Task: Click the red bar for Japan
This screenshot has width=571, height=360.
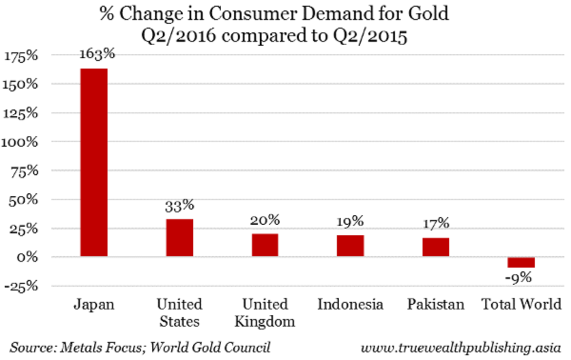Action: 94,162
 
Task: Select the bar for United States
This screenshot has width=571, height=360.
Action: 179,238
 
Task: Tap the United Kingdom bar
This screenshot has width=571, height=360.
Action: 265,245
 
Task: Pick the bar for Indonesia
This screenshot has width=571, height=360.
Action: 351,246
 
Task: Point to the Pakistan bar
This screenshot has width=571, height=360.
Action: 436,247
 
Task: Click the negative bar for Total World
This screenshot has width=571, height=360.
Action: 522,262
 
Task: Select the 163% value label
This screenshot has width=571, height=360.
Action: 97,54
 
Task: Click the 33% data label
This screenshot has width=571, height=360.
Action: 179,206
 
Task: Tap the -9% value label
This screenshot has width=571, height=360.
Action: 519,278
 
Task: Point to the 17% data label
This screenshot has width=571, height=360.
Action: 435,223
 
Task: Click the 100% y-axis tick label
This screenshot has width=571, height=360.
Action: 20,142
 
